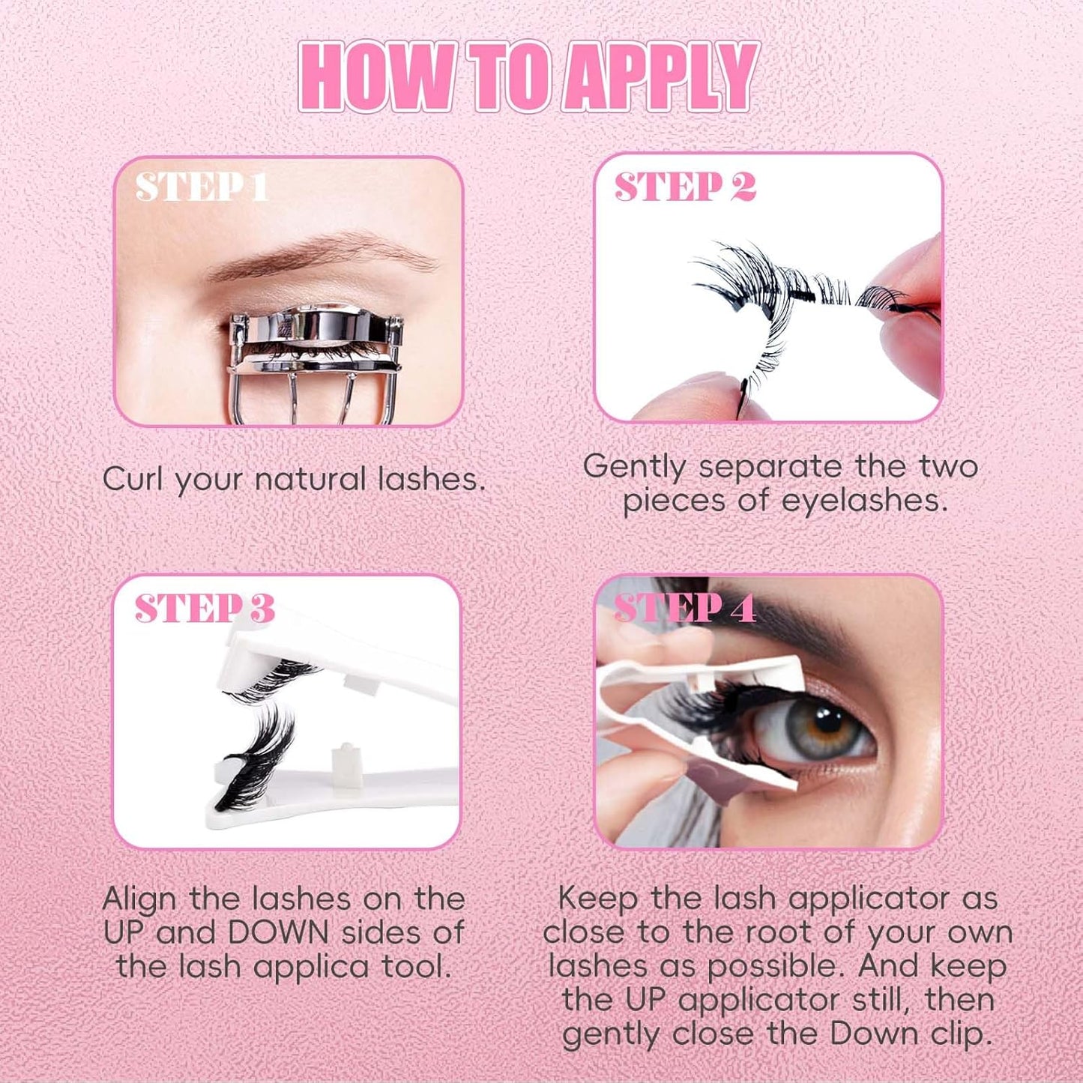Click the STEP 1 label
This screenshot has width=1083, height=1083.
[x=201, y=187]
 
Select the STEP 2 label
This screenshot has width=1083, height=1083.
[x=684, y=187]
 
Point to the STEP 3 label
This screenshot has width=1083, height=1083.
[x=204, y=609]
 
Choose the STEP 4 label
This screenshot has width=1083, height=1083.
[x=684, y=609]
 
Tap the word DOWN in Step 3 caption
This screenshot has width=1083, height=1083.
[x=277, y=933]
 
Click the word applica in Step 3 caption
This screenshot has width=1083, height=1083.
[x=310, y=968]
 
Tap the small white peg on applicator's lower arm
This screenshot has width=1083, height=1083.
[x=346, y=757]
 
